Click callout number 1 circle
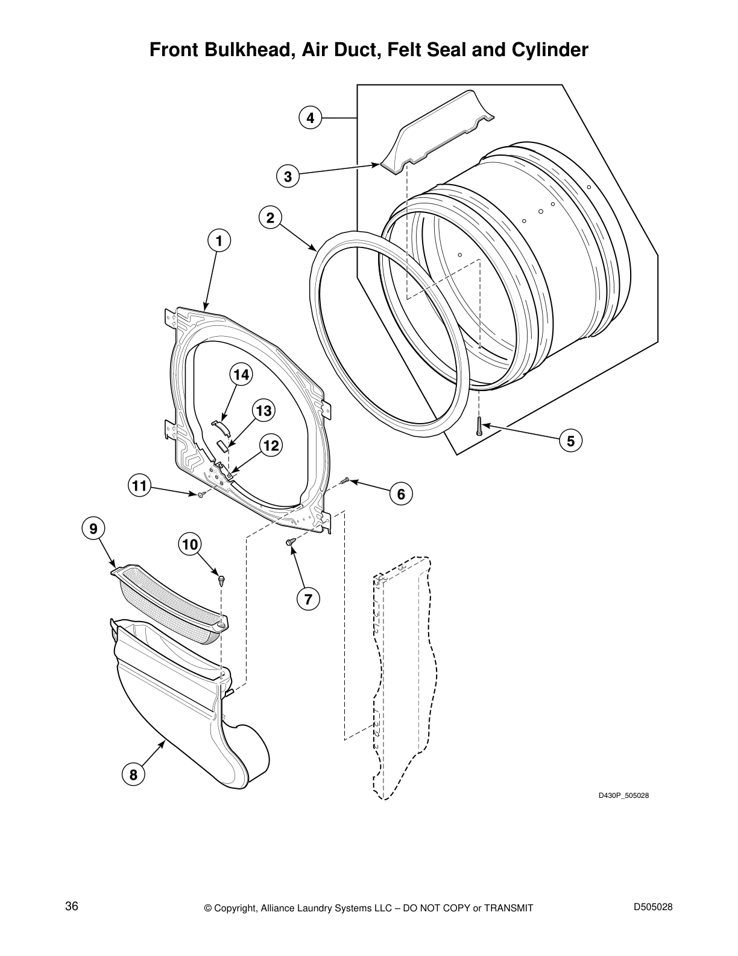coord(219,241)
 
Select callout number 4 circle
coord(310,118)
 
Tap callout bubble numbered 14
coord(241,375)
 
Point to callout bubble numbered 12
coord(271,446)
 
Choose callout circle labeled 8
coord(133,774)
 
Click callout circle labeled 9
coord(93,529)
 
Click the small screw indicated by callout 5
coord(479,427)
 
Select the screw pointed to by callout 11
coord(200,494)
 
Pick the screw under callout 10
coord(222,579)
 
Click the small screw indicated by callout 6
coord(344,480)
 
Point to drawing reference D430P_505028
coord(623,795)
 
